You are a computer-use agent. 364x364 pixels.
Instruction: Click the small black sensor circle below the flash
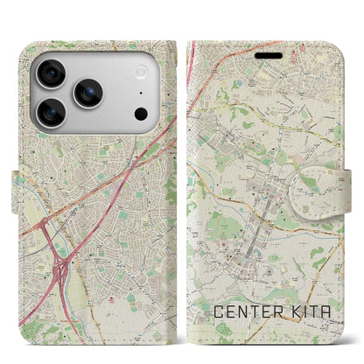coord(141,113)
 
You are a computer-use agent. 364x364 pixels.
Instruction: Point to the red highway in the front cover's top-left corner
coord(192,61)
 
